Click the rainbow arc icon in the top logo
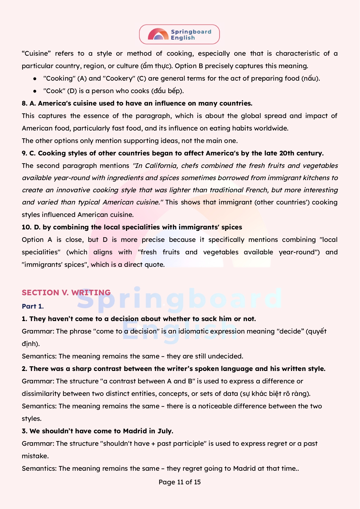click(158, 34)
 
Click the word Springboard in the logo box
click(191, 32)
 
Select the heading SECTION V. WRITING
click(66, 292)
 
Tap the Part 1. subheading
click(33, 306)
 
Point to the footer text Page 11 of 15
click(180, 482)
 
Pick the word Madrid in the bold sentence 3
click(135, 431)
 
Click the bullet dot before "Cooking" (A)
click(35, 79)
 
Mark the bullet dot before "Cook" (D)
click(35, 91)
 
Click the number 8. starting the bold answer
click(25, 104)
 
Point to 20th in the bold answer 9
click(287, 153)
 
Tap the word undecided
click(225, 356)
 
